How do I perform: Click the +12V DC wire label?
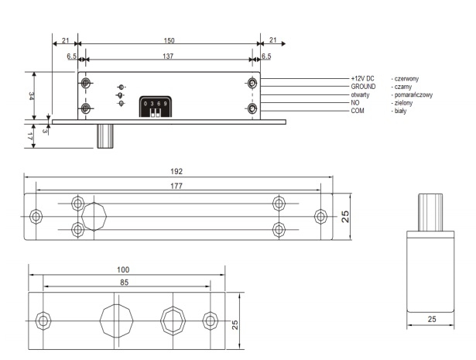tap(362, 79)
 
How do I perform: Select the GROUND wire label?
tap(363, 87)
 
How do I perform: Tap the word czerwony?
tap(407, 79)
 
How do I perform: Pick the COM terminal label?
tap(357, 111)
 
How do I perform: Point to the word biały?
tap(400, 111)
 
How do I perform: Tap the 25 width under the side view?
tap(430, 318)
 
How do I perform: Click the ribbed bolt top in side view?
tap(430, 210)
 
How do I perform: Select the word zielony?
tap(403, 103)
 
